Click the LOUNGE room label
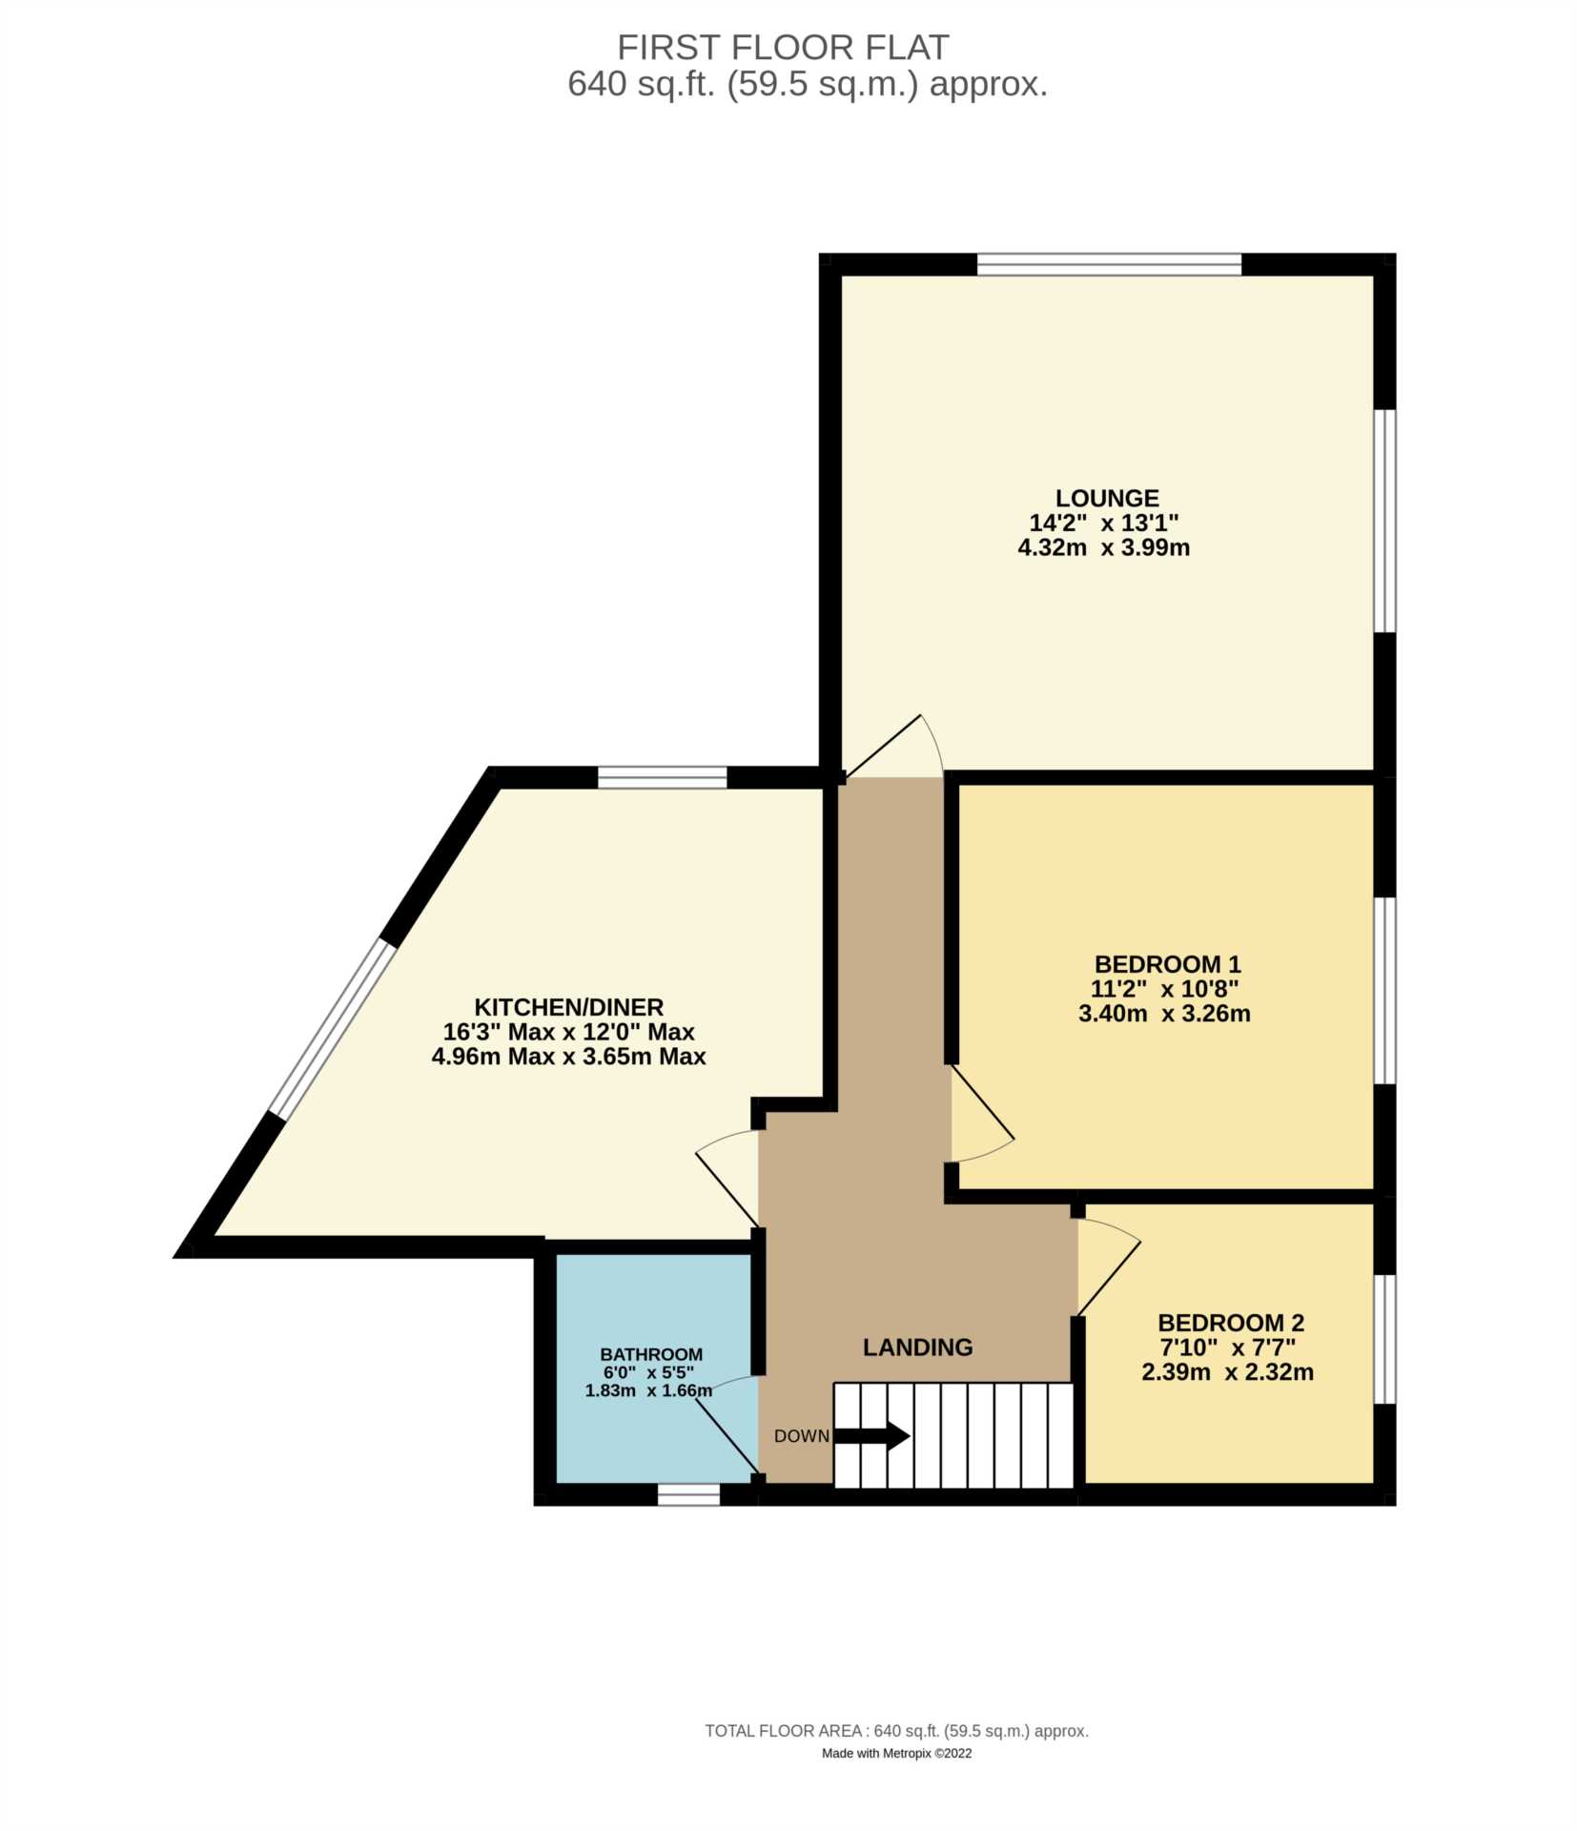click(x=1106, y=498)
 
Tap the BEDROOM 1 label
click(x=1166, y=964)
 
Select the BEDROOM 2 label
click(x=1230, y=1323)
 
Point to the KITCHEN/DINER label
click(x=568, y=1007)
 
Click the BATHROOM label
click(x=650, y=1354)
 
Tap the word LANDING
click(x=917, y=1347)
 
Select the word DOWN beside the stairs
click(x=801, y=1436)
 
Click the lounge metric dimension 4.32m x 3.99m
click(x=1103, y=548)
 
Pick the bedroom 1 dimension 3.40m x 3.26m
click(x=1164, y=1014)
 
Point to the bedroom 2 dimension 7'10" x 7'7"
click(x=1227, y=1348)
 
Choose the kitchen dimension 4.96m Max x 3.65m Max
click(x=568, y=1057)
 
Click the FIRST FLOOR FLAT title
click(x=782, y=47)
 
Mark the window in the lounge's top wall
click(x=1109, y=264)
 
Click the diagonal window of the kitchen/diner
click(x=332, y=1027)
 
